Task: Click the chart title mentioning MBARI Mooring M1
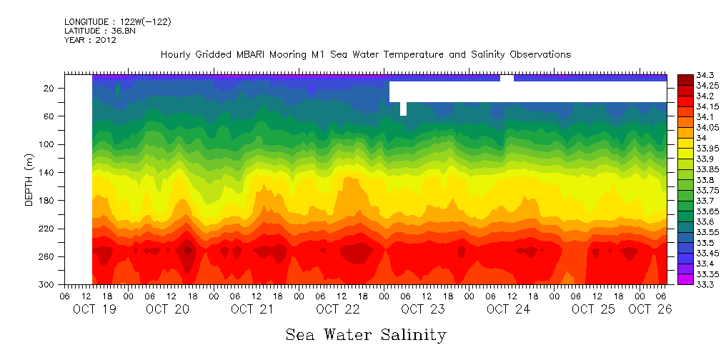click(x=366, y=54)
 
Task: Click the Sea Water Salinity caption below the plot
click(x=366, y=334)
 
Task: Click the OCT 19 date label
click(x=94, y=309)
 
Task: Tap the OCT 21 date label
click(x=252, y=309)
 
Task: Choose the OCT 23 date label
click(x=423, y=309)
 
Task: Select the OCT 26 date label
click(x=650, y=309)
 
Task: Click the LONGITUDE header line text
click(x=117, y=22)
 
